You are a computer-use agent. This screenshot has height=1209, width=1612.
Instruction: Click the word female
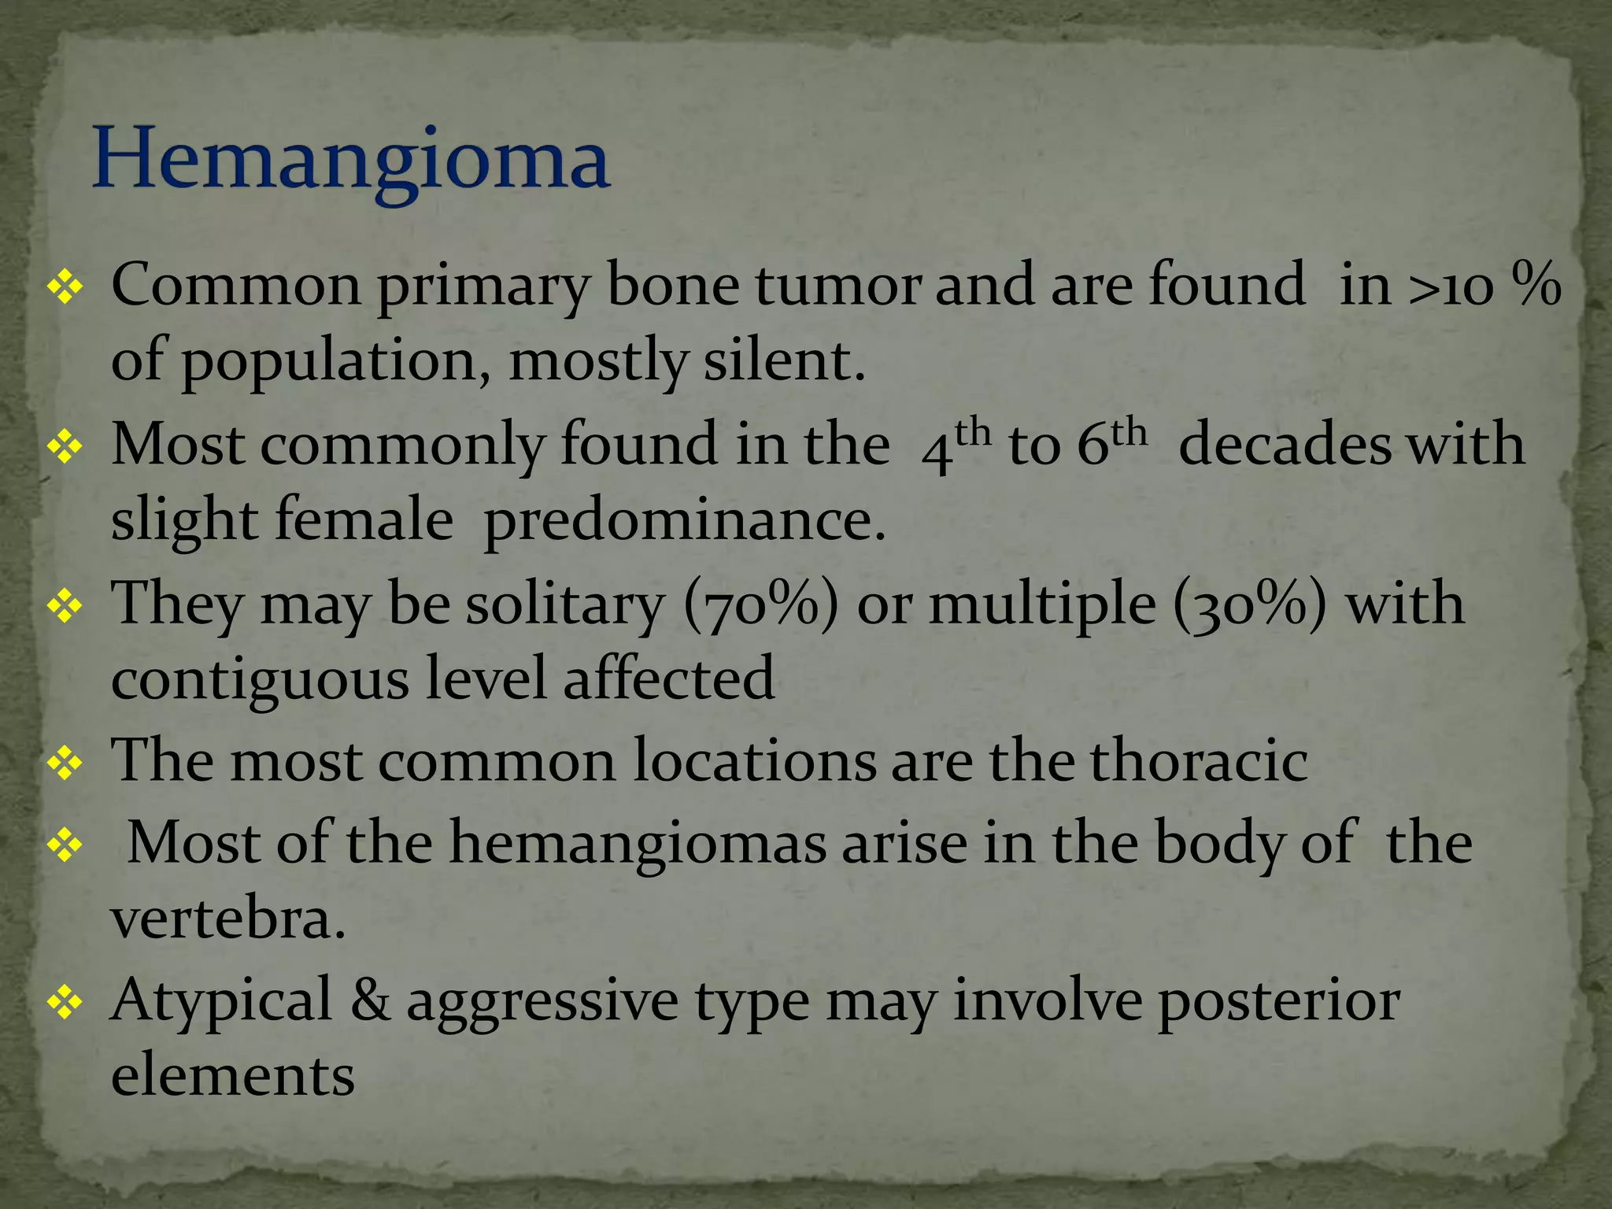pos(363,521)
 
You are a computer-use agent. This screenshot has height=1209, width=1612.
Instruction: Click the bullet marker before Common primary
pos(65,288)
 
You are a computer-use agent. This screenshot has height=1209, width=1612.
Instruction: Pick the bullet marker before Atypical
pos(65,1002)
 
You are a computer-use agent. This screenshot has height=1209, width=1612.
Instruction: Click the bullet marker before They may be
pos(65,606)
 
